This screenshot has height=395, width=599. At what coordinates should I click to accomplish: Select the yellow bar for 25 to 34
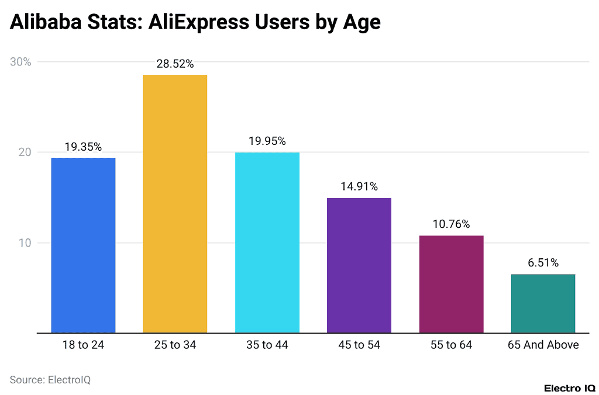pos(175,204)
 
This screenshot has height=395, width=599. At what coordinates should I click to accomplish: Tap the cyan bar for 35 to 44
pos(267,242)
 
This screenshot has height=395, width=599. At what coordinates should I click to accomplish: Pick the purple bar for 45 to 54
pos(359,265)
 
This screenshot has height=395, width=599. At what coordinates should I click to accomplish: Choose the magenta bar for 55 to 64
pos(451,284)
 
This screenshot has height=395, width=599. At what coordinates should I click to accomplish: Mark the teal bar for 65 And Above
pos(543,303)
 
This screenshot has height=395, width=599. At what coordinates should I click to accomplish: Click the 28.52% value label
pos(175,64)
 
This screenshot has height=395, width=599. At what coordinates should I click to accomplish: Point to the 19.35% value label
pos(83,147)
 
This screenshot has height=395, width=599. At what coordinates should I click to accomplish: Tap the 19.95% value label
pos(267,141)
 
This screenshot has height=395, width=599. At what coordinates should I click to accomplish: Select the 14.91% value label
pos(359,187)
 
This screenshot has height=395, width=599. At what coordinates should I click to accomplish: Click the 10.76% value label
pos(451,224)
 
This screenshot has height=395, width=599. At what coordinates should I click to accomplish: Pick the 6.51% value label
pos(543,263)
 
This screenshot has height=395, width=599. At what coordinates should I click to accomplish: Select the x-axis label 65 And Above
pos(543,345)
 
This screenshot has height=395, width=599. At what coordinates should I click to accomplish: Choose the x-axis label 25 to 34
pos(175,345)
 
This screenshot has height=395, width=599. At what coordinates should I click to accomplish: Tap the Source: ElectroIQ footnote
pos(50,379)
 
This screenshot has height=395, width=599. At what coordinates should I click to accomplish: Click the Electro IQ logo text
pos(569,388)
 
